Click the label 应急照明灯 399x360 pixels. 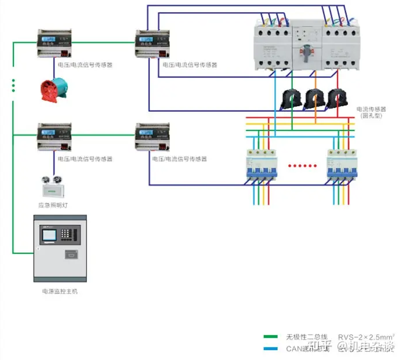[53, 206]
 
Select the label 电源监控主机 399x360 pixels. [60, 291]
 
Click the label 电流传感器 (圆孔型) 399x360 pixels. [371, 112]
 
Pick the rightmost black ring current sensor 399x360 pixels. [336, 98]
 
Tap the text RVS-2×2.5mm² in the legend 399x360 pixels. [366, 336]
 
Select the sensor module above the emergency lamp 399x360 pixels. [55, 138]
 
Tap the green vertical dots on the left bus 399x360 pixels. [13, 85]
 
